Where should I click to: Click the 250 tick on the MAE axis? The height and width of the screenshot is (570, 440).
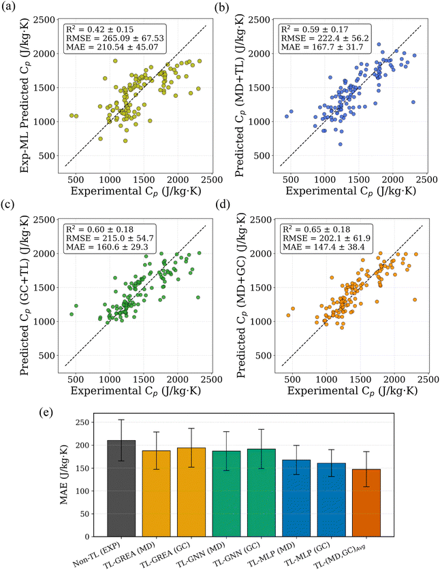tap(83, 422)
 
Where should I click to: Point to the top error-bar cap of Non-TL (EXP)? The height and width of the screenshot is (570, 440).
tap(122, 420)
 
